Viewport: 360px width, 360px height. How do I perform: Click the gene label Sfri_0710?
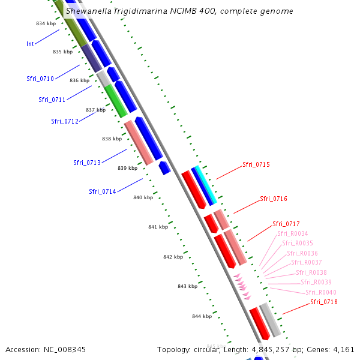40,79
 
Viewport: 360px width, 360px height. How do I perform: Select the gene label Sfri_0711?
52,100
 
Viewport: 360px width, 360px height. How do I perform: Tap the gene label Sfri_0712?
65,121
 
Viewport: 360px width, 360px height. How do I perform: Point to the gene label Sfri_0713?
87,163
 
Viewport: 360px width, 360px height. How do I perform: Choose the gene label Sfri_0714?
103,191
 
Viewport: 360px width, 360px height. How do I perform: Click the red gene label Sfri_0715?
256,164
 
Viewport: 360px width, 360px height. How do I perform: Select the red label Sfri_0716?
274,199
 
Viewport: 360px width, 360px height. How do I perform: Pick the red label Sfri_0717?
286,224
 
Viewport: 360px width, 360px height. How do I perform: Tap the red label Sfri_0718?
324,302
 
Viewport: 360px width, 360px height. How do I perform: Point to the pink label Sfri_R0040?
321,292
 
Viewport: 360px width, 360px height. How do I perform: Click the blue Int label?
30,44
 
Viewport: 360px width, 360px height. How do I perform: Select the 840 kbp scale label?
143,197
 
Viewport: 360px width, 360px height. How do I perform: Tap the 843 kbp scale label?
187,286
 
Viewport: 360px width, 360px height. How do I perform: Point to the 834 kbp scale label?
45,23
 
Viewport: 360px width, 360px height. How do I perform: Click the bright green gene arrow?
116,101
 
